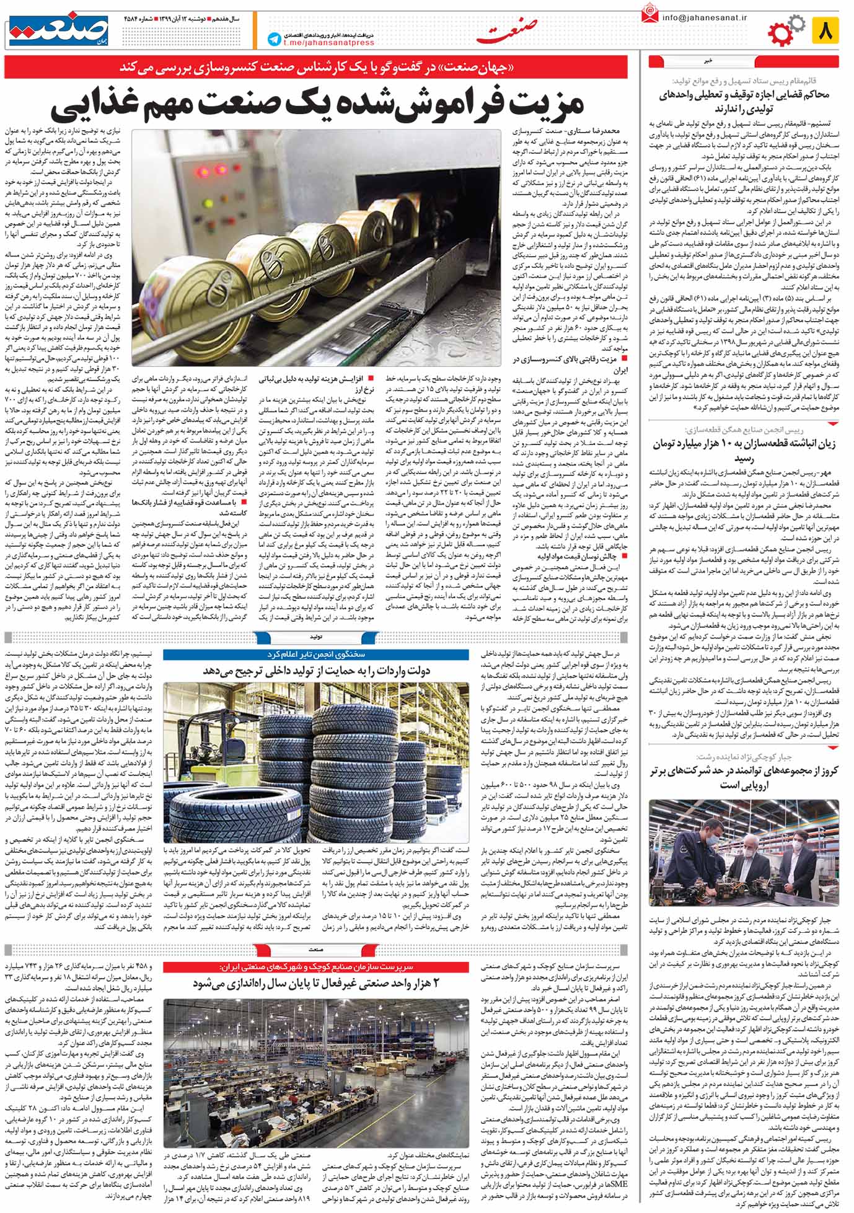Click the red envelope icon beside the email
click(650, 14)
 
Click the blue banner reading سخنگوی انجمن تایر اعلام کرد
click(316, 655)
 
